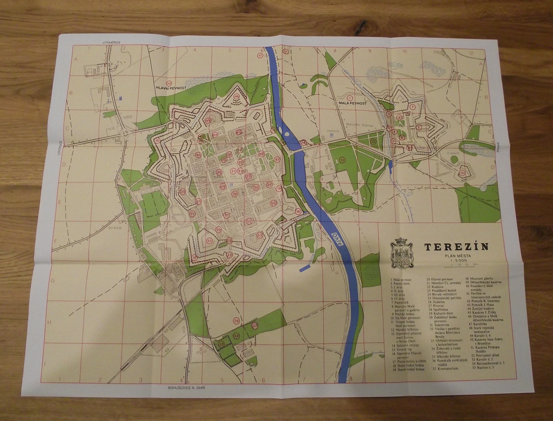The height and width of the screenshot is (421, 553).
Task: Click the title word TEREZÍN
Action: (456, 246)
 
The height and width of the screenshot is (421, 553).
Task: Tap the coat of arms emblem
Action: (400, 252)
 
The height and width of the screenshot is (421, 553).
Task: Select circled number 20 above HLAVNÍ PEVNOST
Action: (169, 83)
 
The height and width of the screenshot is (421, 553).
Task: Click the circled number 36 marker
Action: (236, 320)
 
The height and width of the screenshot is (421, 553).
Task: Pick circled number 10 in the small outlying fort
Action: (462, 173)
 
